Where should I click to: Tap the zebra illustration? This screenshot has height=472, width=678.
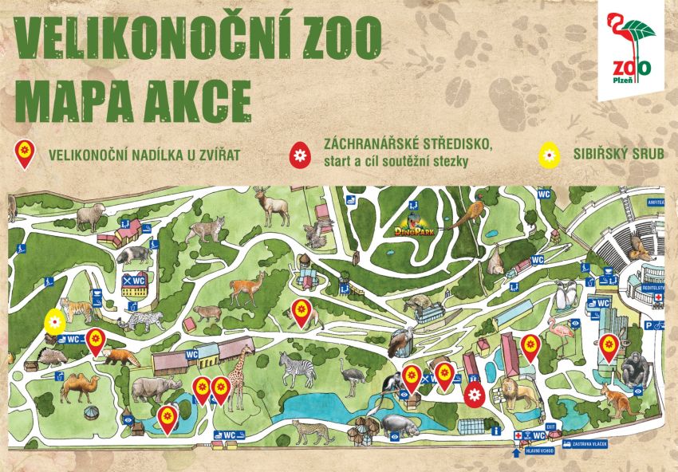(x=298, y=369)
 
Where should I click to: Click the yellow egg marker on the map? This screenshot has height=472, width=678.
(x=53, y=321)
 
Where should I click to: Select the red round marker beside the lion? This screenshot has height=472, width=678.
(x=475, y=393)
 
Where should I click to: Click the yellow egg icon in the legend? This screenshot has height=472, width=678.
(x=548, y=154)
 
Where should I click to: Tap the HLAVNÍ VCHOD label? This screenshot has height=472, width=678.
(x=539, y=451)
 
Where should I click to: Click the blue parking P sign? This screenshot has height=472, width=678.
(x=649, y=324)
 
